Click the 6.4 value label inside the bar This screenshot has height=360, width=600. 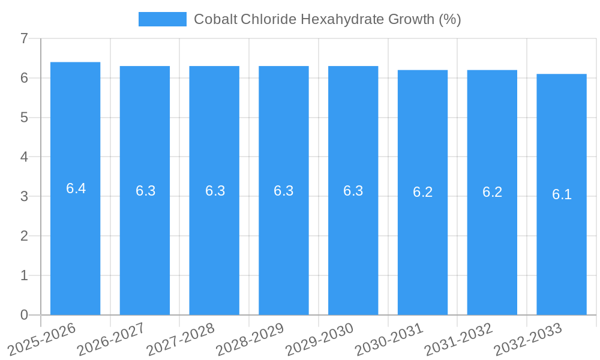coord(76,188)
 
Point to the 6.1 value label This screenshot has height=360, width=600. coord(562,194)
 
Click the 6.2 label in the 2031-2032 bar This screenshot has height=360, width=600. coord(492,192)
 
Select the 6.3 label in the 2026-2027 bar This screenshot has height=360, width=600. coord(145,191)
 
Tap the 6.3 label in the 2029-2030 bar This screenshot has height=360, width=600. coord(353,191)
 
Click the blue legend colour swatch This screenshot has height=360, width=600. coord(162,19)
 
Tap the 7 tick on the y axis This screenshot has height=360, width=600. coord(24,38)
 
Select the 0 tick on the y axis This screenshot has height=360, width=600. coord(24,315)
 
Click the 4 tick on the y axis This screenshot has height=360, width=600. coord(24,157)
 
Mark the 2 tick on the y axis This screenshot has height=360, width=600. coord(24,236)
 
